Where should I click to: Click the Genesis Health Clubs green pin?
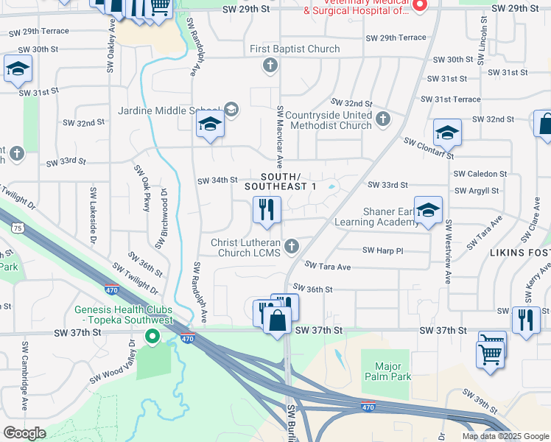tap(152, 337)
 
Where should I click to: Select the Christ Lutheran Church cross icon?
tap(292, 246)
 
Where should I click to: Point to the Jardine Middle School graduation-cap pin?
tap(210, 127)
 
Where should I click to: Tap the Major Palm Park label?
tap(387, 371)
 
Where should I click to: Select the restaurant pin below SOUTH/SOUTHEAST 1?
tap(267, 211)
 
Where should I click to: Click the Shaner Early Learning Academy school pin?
tap(428, 211)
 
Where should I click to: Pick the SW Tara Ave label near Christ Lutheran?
tap(328, 266)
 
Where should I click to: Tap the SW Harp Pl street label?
tap(383, 250)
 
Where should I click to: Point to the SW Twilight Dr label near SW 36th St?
tap(136, 277)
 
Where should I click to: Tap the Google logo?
tap(24, 433)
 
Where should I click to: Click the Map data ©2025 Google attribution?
tap(505, 436)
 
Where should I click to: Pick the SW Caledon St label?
tap(480, 174)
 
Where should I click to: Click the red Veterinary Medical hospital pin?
tap(420, 6)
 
